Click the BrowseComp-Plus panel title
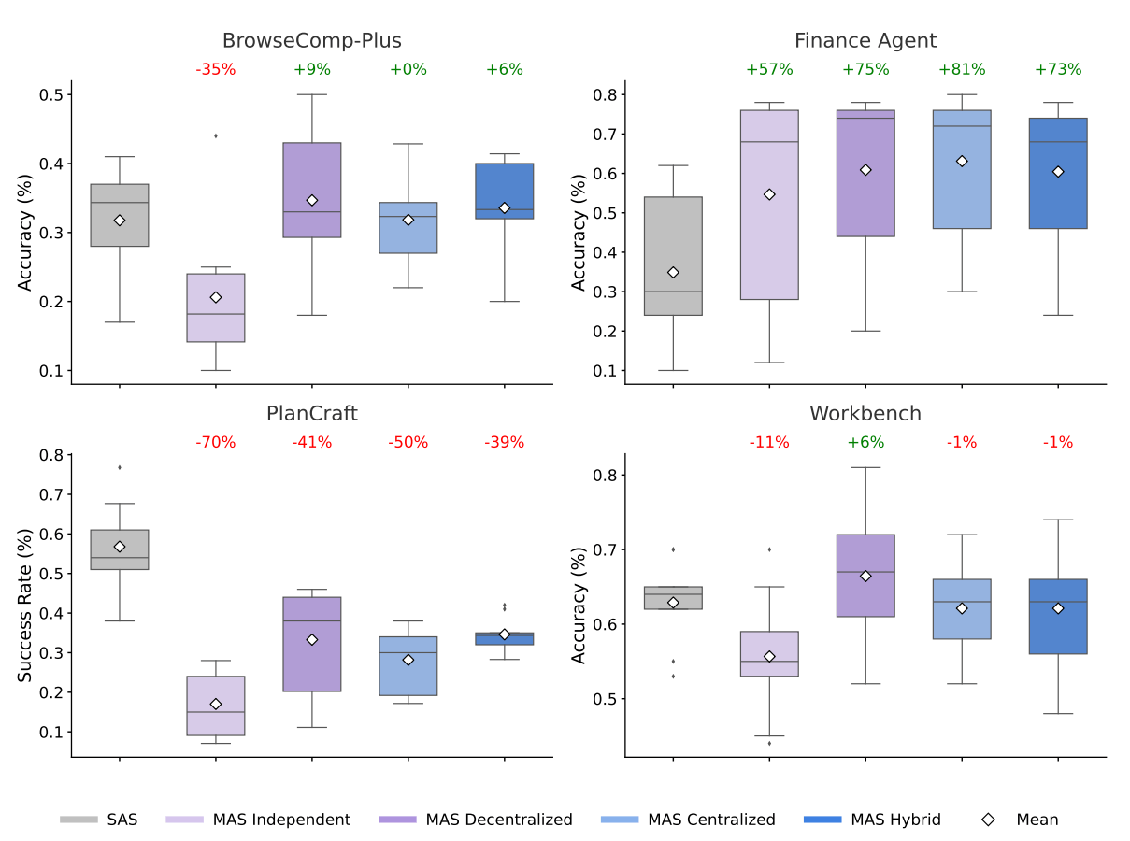click(312, 41)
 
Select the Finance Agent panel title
click(865, 41)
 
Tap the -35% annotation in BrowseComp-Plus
click(215, 69)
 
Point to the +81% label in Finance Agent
click(962, 69)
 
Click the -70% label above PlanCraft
click(215, 442)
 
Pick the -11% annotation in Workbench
click(768, 442)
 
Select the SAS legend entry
click(99, 820)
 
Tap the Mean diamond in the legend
click(988, 820)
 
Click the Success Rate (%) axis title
click(26, 604)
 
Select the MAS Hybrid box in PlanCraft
click(505, 639)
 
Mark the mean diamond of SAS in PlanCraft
click(120, 547)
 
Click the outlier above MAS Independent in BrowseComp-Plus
click(216, 135)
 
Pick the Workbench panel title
click(865, 413)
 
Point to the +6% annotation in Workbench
click(865, 442)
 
